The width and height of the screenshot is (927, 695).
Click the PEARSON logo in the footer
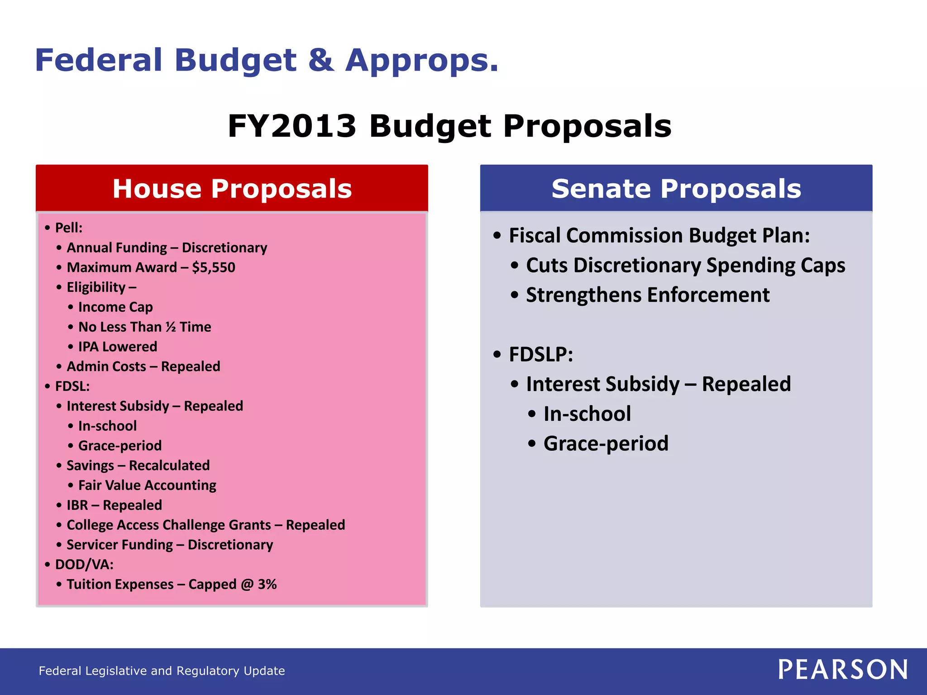click(843, 670)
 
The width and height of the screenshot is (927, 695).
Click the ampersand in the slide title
click(321, 60)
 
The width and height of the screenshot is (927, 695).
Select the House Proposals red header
click(232, 188)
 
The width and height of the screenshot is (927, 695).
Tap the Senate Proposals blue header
click(676, 188)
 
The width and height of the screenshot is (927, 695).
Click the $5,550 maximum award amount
click(214, 267)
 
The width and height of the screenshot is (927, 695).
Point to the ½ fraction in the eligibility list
click(171, 327)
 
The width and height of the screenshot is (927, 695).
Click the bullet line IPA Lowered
click(118, 347)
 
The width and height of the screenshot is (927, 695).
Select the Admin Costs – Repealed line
click(143, 367)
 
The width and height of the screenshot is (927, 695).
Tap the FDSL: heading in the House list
click(72, 386)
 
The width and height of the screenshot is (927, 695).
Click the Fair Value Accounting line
click(147, 486)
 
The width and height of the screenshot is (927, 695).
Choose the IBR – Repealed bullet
click(114, 505)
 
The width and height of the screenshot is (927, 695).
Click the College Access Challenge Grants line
click(205, 525)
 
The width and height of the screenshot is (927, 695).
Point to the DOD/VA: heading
click(84, 565)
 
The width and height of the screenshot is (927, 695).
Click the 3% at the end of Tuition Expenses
click(267, 584)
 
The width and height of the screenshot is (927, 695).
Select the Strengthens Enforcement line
click(647, 295)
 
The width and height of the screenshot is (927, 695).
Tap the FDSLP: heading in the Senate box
click(541, 354)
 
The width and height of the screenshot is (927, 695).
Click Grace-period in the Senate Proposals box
click(606, 443)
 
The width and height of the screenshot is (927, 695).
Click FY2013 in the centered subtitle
click(292, 126)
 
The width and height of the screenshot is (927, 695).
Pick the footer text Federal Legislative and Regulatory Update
click(162, 671)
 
